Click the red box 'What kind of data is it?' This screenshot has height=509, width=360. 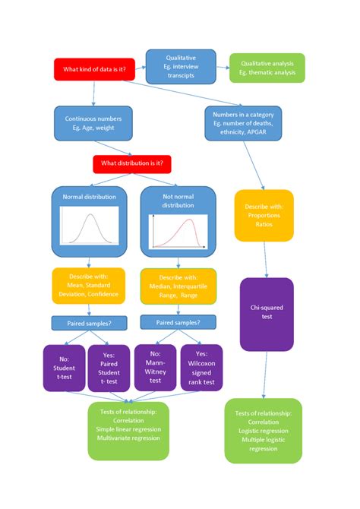point(94,70)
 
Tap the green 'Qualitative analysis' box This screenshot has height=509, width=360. point(267,68)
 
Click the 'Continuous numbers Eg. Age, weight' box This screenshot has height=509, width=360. point(93,124)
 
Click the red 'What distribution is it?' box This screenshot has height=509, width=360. point(132,164)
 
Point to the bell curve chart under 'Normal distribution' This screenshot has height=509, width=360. point(90,226)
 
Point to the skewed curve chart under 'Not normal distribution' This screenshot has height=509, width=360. point(177,230)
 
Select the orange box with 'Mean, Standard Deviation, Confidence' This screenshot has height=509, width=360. point(90,284)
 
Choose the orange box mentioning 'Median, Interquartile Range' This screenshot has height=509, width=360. point(178,284)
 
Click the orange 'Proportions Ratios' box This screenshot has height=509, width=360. point(264,216)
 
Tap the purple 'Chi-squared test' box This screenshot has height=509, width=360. point(267,314)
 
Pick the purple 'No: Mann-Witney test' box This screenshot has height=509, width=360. point(155,368)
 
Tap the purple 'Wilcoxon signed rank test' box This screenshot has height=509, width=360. point(201,368)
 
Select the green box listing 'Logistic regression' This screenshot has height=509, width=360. point(264,431)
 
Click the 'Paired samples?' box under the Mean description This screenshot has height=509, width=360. point(90,322)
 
